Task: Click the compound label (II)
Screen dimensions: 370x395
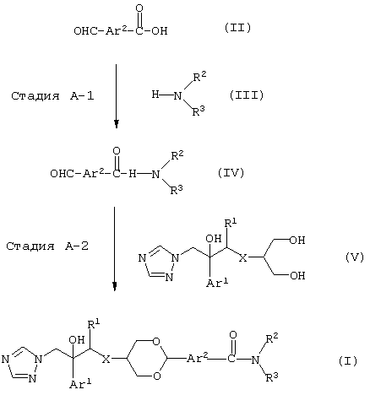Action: point(237,28)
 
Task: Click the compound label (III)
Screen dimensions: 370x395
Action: point(247,95)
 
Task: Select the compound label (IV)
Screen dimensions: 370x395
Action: point(231,173)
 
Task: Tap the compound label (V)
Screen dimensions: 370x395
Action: point(355,257)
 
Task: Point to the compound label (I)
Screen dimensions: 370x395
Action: point(348,361)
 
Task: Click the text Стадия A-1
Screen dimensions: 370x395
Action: point(52,96)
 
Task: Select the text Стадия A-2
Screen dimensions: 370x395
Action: point(47,246)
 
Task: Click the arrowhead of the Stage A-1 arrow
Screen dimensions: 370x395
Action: point(116,124)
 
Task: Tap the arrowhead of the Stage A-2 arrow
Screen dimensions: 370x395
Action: point(114,286)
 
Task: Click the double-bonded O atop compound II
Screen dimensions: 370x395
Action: point(139,8)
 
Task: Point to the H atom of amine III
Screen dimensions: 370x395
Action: point(155,94)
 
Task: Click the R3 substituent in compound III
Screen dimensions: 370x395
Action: point(199,111)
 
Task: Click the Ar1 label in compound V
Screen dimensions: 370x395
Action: point(217,282)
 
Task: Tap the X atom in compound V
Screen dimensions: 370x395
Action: point(243,257)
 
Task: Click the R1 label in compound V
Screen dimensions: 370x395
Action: point(231,224)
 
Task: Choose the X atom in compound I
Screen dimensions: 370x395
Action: point(106,360)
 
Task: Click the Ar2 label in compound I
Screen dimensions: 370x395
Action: point(198,358)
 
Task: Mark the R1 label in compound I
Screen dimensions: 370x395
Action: point(94,325)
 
